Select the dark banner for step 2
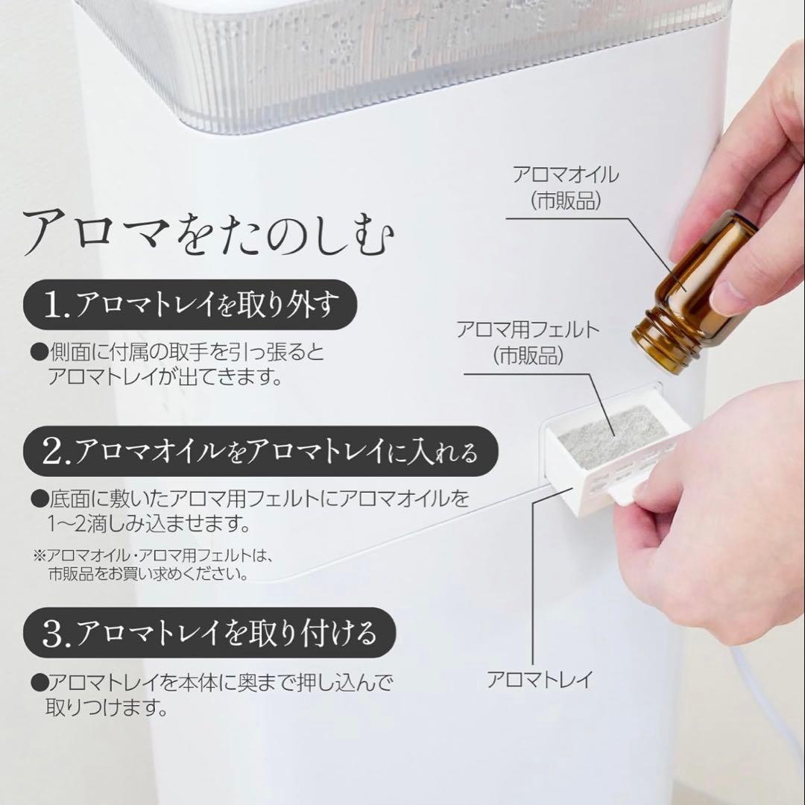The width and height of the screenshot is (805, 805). [261, 450]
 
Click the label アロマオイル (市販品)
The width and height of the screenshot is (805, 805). [566, 187]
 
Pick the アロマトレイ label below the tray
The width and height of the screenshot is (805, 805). [540, 679]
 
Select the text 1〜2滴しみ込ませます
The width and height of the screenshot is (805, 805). [149, 524]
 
